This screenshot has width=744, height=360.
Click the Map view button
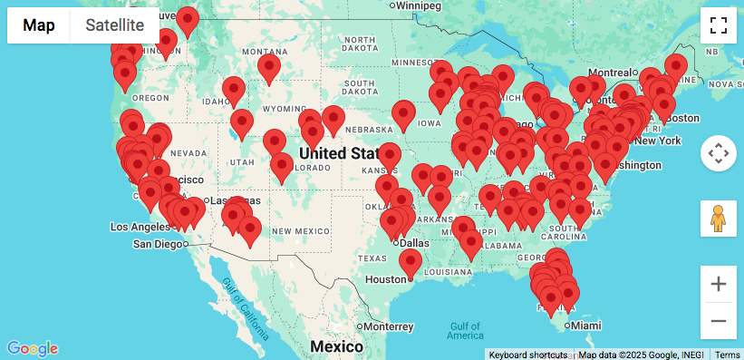[39, 25]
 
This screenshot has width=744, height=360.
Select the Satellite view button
[114, 25]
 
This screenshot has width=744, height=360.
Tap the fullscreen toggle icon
[718, 25]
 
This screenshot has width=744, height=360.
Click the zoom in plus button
[718, 284]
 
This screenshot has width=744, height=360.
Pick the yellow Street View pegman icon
[718, 219]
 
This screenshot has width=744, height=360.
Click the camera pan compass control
[718, 153]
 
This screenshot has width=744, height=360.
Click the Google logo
[33, 348]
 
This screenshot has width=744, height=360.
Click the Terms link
[727, 354]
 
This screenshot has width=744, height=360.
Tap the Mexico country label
[336, 346]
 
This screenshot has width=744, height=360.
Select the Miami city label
[585, 326]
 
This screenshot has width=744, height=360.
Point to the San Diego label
[158, 244]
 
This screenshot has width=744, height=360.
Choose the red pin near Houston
[411, 262]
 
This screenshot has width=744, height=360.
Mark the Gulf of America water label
[465, 331]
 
